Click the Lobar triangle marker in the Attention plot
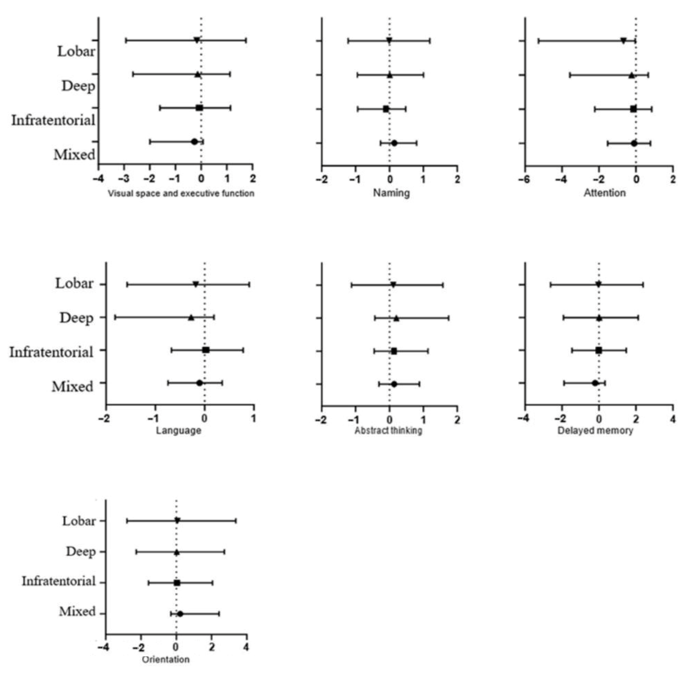(x=623, y=41)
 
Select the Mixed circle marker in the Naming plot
(x=394, y=143)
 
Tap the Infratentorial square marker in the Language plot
(x=206, y=350)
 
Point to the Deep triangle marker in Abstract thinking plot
(x=396, y=318)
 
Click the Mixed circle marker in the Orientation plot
(x=180, y=614)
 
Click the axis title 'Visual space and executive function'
(x=181, y=194)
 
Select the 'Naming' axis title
(x=391, y=193)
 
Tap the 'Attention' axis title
(x=604, y=193)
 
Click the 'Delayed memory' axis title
(x=595, y=430)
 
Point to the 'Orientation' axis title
(x=166, y=659)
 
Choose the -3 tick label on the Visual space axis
(x=124, y=178)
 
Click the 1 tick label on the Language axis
(x=253, y=418)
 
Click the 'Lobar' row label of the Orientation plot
(x=79, y=521)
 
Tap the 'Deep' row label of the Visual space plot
(x=78, y=86)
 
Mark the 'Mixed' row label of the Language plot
(x=73, y=386)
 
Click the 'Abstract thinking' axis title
(x=388, y=430)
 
